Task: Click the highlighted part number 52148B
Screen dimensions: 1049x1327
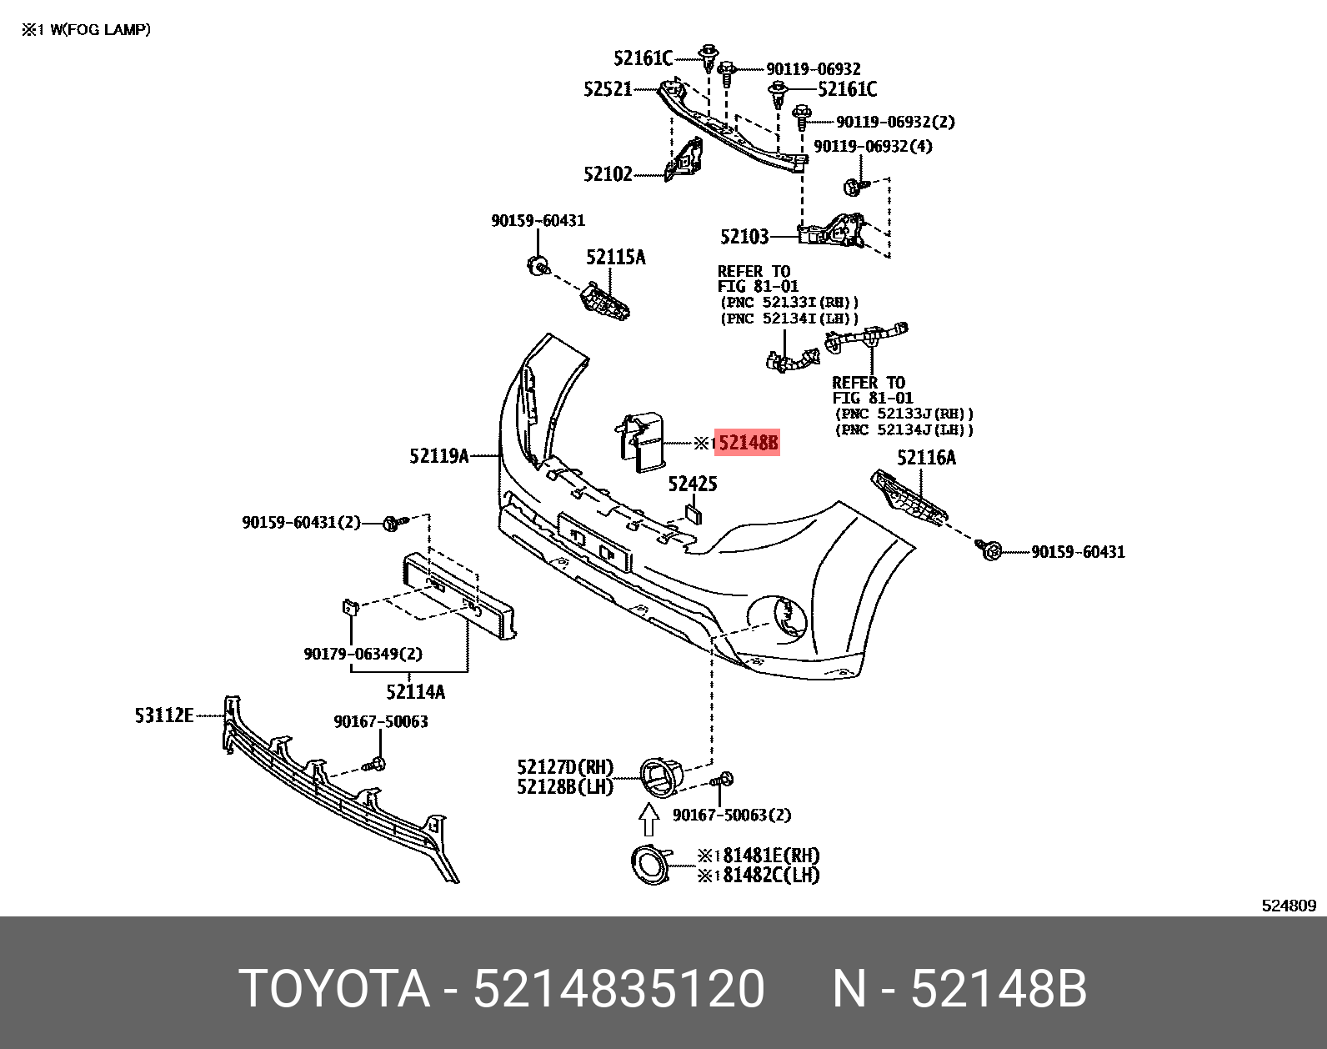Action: tap(748, 443)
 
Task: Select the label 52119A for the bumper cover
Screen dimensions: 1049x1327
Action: tap(438, 456)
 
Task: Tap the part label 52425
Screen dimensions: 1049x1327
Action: tap(692, 484)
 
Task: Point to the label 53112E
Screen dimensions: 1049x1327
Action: tap(163, 715)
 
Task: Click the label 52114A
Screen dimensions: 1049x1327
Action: tap(415, 691)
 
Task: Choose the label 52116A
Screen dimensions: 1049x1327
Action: tap(926, 458)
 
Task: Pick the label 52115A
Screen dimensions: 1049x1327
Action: tap(615, 257)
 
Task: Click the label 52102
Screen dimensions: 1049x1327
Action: tap(608, 174)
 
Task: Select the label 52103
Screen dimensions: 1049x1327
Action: tap(744, 237)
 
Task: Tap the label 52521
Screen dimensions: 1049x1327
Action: tap(608, 89)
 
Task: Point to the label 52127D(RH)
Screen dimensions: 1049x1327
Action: tap(564, 767)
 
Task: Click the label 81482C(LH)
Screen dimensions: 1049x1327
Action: tap(771, 876)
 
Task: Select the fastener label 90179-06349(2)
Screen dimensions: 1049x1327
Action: tap(363, 654)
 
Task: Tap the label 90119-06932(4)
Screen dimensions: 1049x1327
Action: tap(873, 147)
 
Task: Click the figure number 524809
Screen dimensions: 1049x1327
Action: tap(1289, 906)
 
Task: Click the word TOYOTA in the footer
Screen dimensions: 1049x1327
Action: tap(334, 989)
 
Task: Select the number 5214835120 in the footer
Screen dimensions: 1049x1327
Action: tap(618, 989)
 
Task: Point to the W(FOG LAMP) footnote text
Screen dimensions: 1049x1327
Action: tap(99, 30)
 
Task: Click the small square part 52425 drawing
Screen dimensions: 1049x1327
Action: tap(694, 513)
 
